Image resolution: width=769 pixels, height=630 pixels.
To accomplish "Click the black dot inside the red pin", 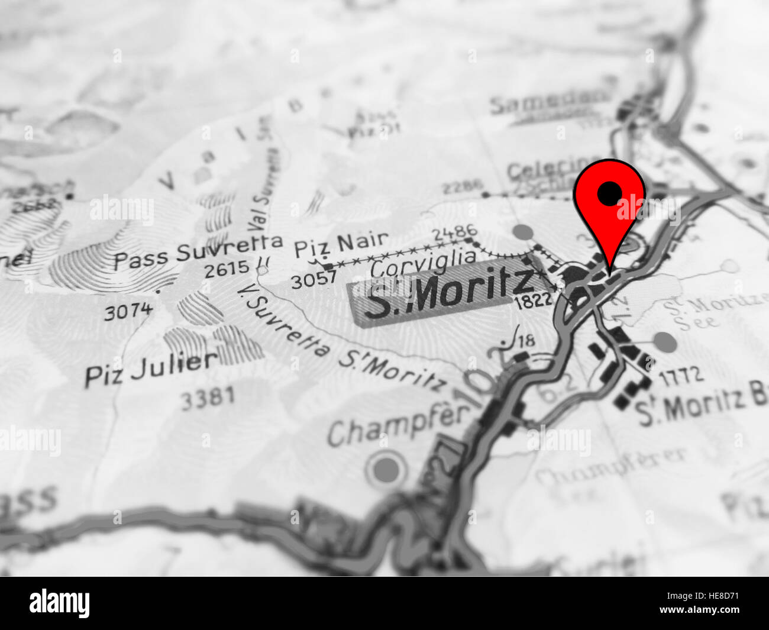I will (609, 192).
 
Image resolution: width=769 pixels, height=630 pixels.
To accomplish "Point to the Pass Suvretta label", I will (198, 252).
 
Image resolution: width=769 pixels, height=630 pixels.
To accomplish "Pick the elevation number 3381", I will (207, 398).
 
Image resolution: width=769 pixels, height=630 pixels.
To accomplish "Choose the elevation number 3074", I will (128, 310).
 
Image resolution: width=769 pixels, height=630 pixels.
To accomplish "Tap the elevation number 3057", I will (313, 279).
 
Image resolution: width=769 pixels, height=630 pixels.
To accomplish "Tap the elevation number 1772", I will (681, 374).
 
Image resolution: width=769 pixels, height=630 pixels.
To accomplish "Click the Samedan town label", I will (548, 102).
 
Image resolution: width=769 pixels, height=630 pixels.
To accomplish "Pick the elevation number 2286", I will (461, 188).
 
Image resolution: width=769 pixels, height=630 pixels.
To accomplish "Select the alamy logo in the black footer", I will (59, 603).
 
